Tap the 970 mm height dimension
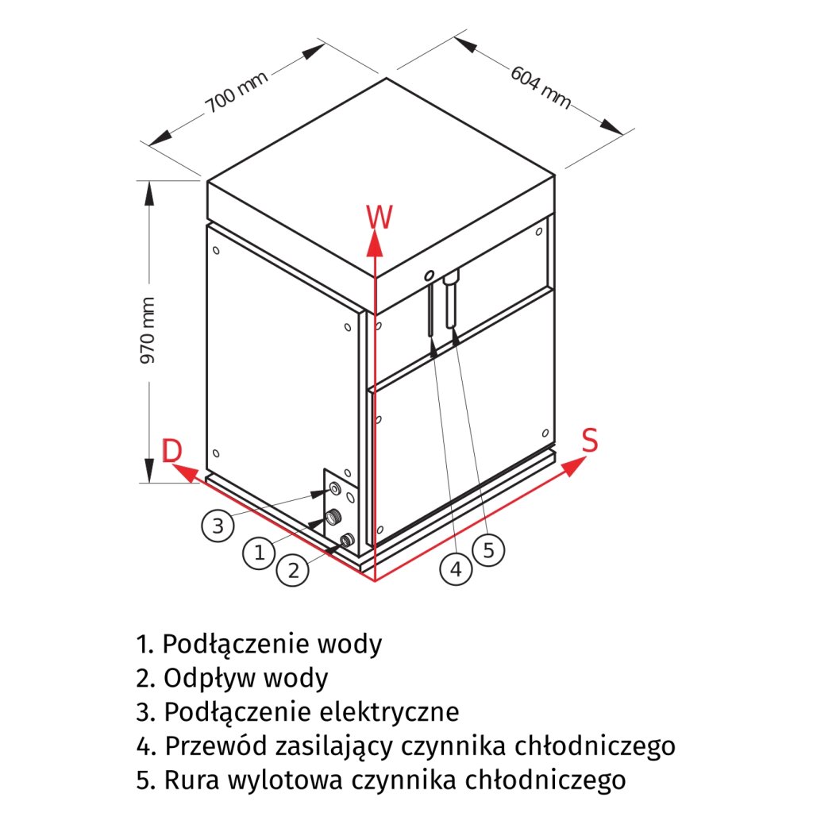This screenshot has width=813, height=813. coord(148,330)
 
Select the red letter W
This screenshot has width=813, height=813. coord(380,217)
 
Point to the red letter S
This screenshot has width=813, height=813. coord(589,441)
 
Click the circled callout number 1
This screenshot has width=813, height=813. coord(260,553)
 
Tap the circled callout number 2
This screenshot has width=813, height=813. coord(294,570)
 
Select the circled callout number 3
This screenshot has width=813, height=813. coord(218,525)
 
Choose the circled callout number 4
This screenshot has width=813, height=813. coord(456,568)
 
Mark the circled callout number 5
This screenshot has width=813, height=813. coord(488,549)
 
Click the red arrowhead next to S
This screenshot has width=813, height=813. coord(572,468)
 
